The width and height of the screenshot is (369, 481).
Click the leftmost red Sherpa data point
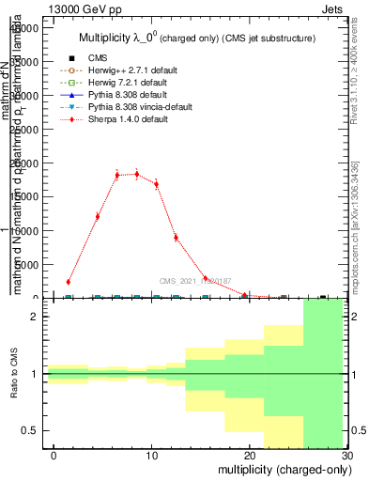(69, 281)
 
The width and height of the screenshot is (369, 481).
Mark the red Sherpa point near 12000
(98, 216)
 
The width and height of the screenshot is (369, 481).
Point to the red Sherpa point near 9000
(176, 238)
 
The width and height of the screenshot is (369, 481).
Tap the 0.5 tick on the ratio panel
(34, 430)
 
